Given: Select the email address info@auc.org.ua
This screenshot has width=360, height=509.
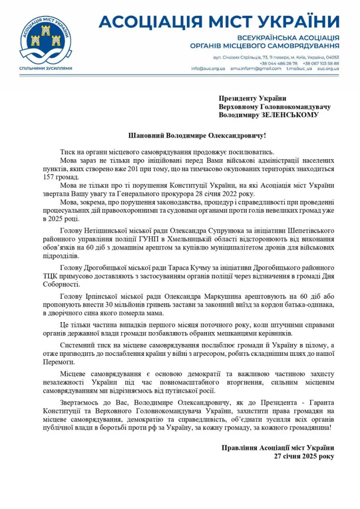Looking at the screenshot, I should tap(208, 69).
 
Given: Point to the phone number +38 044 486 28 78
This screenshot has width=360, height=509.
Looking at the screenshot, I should tap(278, 63).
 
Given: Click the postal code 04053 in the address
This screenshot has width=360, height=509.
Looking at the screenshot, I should tap(333, 57).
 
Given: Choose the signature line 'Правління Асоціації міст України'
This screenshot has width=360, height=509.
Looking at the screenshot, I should tap(278, 447).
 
